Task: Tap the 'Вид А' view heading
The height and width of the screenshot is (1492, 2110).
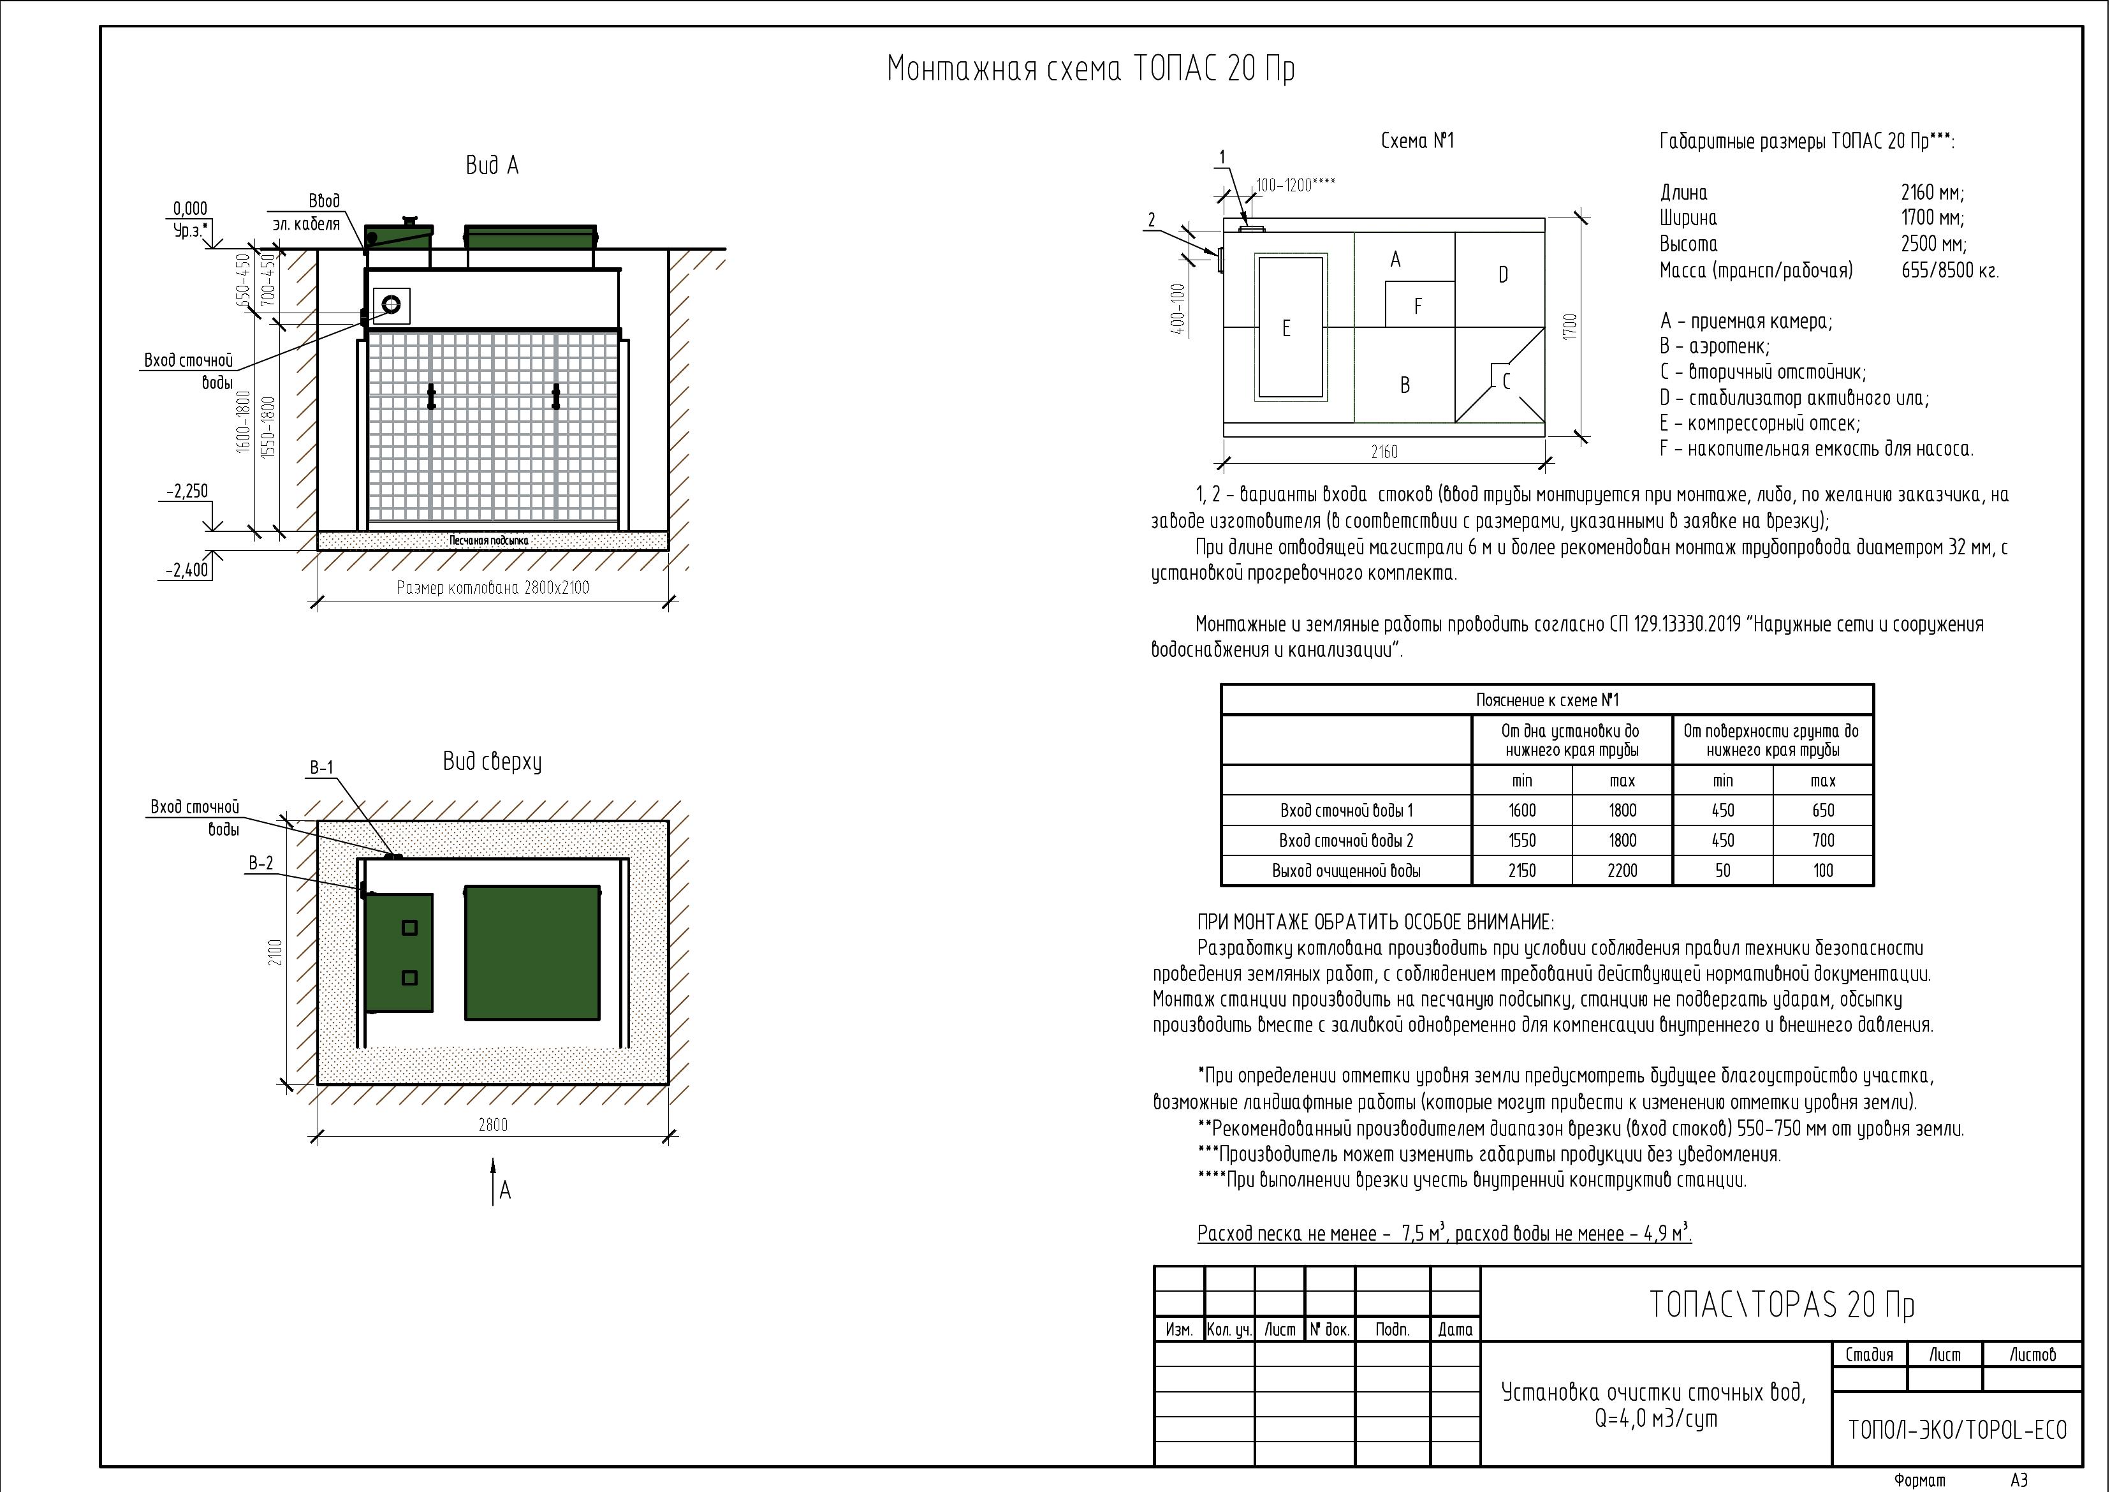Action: point(492,165)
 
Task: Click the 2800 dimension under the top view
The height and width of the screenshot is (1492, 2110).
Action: point(492,1125)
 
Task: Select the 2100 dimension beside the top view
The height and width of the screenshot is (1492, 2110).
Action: point(275,952)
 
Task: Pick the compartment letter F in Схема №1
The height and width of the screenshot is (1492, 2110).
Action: point(1418,306)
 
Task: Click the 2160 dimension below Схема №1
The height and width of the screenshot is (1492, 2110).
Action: point(1383,452)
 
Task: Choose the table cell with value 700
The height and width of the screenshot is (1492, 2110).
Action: point(1822,840)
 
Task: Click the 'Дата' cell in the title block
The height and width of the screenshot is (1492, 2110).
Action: point(1454,1329)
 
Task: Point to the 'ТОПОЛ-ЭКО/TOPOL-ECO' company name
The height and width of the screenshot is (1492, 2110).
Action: point(1956,1430)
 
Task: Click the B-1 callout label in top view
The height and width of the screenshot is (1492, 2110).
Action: point(321,767)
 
